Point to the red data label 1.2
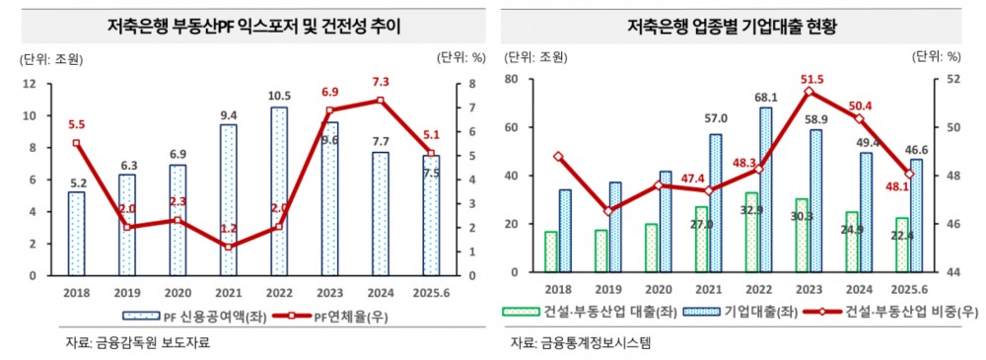pyautogui.click(x=229, y=228)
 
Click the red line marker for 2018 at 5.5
pyautogui.click(x=77, y=143)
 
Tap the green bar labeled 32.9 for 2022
pyautogui.click(x=751, y=233)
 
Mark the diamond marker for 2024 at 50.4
pyautogui.click(x=859, y=118)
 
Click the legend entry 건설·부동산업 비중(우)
pyautogui.click(x=896, y=312)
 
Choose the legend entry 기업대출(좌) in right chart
pyautogui.click(x=758, y=312)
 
